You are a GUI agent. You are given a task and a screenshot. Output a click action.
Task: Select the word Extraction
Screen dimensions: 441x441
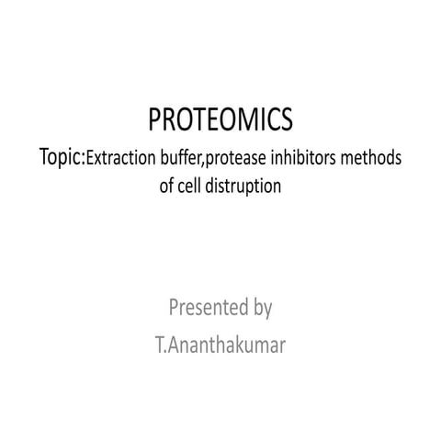125,159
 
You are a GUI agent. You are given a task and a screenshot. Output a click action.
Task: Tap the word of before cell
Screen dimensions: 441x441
168,183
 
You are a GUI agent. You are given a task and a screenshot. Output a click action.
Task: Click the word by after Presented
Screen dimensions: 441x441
261,309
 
